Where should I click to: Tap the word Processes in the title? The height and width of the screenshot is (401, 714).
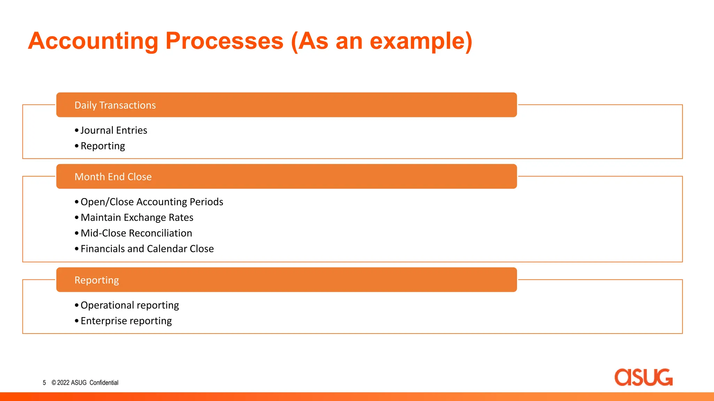[224, 41]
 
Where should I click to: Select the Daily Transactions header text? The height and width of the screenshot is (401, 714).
[115, 105]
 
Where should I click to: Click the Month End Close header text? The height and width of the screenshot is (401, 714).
[113, 177]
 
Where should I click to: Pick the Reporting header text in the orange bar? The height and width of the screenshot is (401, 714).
[97, 280]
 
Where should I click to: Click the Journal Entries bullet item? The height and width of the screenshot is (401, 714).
[114, 130]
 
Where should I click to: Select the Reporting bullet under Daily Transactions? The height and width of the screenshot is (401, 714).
[102, 146]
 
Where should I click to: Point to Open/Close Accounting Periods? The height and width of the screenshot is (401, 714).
[152, 202]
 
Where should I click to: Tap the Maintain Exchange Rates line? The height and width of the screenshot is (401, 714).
[137, 218]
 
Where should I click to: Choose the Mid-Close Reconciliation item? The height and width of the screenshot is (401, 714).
[136, 233]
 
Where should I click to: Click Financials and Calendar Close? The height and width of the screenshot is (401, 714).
[147, 249]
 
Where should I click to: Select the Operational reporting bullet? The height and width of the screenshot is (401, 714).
[129, 305]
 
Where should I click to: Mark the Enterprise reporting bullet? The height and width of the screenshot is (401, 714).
[126, 321]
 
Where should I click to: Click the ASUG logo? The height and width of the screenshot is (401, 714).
[643, 377]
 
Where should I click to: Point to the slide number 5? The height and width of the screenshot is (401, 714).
[44, 383]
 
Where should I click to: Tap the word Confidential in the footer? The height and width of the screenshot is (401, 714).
[104, 383]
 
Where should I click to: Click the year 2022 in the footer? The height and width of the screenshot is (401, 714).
[63, 383]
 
